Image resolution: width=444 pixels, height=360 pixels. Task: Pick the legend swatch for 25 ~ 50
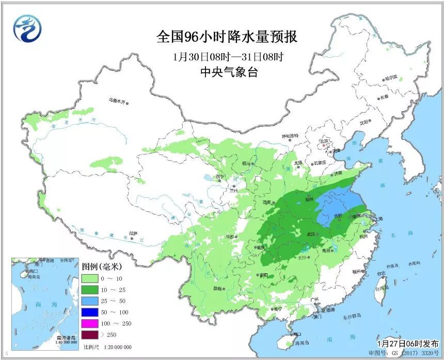coord(91,301)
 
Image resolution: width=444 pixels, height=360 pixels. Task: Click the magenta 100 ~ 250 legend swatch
coord(91,324)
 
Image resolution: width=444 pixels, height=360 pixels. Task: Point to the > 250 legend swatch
coord(91,336)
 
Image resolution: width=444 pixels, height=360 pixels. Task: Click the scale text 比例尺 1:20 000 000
coord(107,347)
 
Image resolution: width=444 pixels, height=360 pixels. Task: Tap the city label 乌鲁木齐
coord(117,101)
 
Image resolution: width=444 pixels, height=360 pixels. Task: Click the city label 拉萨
coord(133,233)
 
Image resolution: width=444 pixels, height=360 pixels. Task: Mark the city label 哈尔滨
coord(391,77)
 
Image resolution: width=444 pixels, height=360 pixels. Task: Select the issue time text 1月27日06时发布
coord(407,343)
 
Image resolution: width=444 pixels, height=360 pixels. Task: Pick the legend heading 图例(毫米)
coord(101,267)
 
